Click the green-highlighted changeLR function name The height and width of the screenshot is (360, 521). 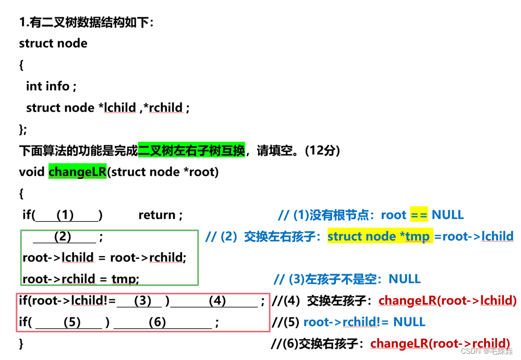78,172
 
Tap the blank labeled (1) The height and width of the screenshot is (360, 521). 65,215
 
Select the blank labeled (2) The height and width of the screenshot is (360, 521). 63,236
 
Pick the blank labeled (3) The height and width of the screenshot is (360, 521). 142,301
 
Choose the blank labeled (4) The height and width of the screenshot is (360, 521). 217,301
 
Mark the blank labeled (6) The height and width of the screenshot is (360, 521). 157,322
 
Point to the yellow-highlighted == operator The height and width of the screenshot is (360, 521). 419,215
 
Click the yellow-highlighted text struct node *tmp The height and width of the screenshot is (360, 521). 379,236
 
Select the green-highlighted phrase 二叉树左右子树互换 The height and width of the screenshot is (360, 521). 191,151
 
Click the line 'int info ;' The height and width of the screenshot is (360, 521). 51,86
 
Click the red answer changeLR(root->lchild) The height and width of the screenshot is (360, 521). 447,301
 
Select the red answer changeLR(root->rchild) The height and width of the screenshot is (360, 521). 440,343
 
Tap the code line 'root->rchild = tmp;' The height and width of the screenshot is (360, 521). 81,279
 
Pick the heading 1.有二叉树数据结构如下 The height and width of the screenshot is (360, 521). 86,22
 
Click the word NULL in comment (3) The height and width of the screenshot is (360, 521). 405,279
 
